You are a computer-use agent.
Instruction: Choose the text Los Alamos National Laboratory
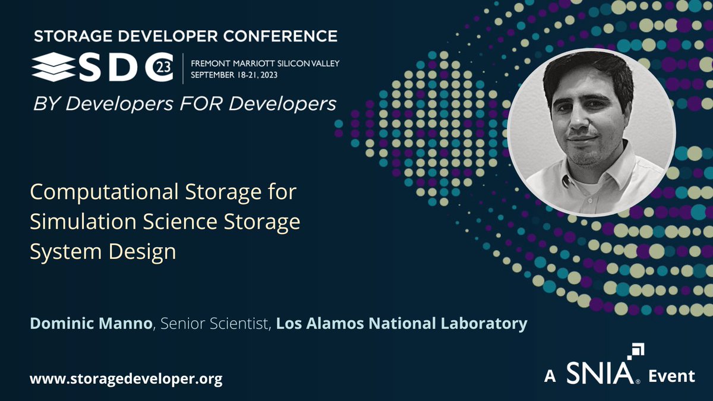click(402, 324)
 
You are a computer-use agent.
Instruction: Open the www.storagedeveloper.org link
click(126, 379)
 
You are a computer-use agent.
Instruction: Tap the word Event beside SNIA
click(672, 376)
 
